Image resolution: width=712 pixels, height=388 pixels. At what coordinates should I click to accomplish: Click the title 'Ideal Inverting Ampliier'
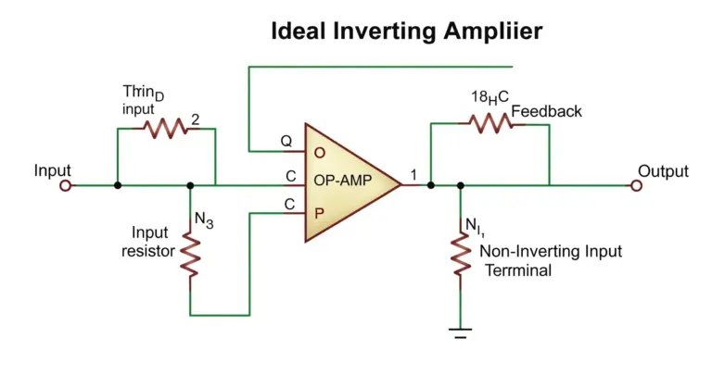[406, 31]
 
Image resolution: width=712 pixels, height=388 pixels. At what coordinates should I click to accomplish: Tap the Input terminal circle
[66, 185]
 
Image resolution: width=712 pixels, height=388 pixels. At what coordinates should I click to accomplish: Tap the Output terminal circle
[637, 185]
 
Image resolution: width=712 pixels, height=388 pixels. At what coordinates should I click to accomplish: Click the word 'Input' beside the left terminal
[52, 170]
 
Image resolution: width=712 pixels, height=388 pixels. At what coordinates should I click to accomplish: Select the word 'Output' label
[663, 171]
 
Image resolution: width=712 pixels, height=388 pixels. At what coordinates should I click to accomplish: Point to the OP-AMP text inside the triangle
[343, 181]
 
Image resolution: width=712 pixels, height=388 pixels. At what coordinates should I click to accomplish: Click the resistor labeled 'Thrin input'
[166, 129]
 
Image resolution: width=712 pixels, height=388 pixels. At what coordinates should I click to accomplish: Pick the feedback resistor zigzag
[490, 123]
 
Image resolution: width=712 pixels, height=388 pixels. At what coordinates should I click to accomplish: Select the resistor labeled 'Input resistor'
[190, 255]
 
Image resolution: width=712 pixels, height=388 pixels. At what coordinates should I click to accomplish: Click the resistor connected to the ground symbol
[461, 254]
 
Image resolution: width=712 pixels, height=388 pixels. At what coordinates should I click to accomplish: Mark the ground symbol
[461, 333]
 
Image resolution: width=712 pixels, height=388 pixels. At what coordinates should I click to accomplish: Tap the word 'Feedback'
[546, 111]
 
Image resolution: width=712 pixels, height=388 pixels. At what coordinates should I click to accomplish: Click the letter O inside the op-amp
[320, 153]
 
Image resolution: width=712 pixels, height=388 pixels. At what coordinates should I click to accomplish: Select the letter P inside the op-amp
[319, 213]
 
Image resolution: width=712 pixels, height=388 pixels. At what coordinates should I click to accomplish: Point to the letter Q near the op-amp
[286, 141]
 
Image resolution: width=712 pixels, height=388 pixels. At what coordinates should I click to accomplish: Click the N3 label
[204, 220]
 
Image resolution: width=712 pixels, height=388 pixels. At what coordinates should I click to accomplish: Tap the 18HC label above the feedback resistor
[489, 97]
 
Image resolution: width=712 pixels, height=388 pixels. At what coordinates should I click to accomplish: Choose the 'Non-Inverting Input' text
[551, 251]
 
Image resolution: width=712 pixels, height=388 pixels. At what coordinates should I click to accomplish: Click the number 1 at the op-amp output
[413, 175]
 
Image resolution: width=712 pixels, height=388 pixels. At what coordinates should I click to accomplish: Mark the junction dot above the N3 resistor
[190, 185]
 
